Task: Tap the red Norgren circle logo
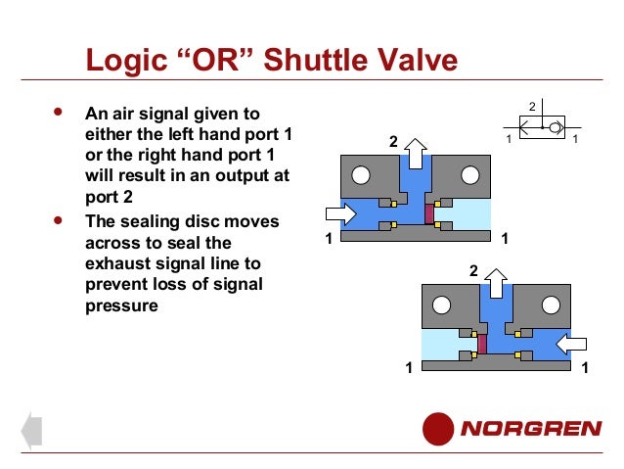click(x=439, y=429)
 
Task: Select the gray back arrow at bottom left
click(x=30, y=429)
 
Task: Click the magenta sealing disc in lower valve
click(x=481, y=343)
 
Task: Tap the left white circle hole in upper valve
click(x=361, y=176)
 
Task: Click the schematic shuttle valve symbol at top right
click(x=541, y=127)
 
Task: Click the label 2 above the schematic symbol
click(x=532, y=105)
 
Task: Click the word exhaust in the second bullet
click(x=120, y=263)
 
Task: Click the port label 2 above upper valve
click(x=394, y=143)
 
